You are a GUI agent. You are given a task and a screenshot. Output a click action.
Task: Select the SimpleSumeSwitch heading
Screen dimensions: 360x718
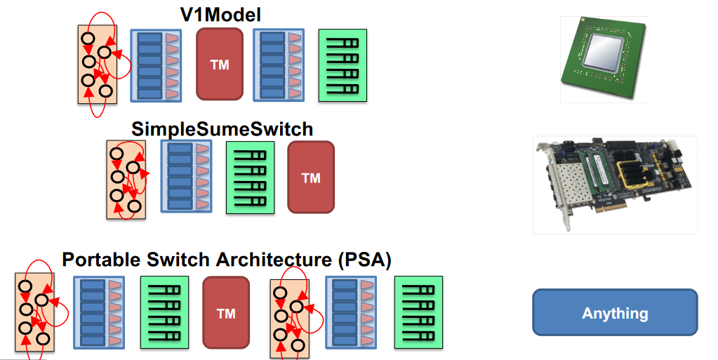click(x=222, y=129)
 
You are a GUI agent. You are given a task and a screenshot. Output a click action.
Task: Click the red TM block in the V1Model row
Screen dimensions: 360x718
click(x=220, y=64)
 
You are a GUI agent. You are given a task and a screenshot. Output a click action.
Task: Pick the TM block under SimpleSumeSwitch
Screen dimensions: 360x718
click(x=311, y=178)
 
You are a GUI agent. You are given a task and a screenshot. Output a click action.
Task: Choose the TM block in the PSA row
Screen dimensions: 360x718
click(x=226, y=313)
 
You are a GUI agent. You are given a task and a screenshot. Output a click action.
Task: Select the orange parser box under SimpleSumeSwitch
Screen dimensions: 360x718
click(x=126, y=179)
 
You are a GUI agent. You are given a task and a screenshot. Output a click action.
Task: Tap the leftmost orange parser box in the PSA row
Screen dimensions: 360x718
click(x=34, y=312)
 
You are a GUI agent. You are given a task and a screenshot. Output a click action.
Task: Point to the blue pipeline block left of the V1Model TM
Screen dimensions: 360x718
click(x=157, y=65)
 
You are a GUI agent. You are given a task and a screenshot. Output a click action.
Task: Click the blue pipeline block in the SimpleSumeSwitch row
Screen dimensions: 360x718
click(x=186, y=176)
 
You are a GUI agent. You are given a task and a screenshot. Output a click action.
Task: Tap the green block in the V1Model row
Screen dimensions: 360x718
click(x=343, y=65)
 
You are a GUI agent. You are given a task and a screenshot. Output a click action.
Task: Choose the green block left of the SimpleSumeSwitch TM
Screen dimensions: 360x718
click(x=250, y=178)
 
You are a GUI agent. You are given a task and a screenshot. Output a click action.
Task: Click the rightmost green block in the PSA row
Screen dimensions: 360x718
click(x=419, y=312)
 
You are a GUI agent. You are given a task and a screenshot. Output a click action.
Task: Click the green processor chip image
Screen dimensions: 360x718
click(x=604, y=60)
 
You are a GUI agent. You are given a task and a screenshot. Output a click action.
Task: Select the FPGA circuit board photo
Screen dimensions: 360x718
click(x=614, y=185)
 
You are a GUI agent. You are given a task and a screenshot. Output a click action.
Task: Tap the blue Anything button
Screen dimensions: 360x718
click(x=615, y=312)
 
